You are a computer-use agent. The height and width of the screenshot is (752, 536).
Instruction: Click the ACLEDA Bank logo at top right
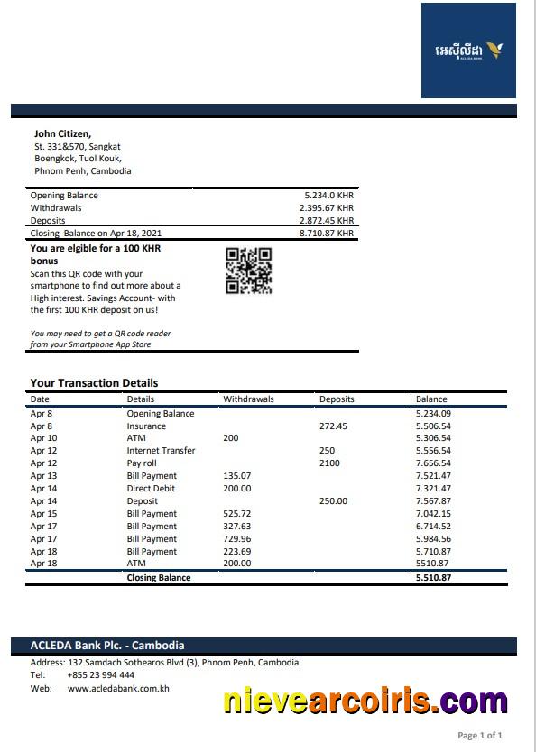468,50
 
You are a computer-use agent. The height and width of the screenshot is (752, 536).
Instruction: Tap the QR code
248,271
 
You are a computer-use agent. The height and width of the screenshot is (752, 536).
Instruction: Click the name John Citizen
62,133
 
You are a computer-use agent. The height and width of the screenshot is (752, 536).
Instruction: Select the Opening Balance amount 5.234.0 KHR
328,196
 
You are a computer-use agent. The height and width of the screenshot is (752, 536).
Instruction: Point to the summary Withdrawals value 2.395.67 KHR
326,208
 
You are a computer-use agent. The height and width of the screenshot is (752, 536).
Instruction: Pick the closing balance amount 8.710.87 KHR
326,234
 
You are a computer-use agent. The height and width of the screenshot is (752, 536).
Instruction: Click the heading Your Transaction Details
94,382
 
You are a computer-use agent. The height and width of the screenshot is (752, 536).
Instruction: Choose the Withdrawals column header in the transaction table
248,399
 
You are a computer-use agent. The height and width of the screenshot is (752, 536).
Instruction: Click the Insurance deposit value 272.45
333,426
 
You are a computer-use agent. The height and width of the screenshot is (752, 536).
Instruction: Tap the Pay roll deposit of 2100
329,463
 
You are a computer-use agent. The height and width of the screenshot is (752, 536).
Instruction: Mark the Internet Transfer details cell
161,451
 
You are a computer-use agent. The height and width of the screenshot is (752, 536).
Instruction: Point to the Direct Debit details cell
151,489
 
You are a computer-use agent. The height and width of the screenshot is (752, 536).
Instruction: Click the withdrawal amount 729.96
237,539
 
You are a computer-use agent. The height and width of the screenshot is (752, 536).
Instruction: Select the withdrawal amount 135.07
237,476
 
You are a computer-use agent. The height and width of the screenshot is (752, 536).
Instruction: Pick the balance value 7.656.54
433,463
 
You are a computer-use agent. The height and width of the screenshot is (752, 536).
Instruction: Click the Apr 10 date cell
43,438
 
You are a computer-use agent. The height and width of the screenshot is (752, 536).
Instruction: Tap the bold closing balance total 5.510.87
433,578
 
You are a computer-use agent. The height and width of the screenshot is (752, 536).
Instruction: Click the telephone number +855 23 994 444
100,675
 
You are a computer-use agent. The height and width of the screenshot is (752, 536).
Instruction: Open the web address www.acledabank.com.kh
118,689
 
